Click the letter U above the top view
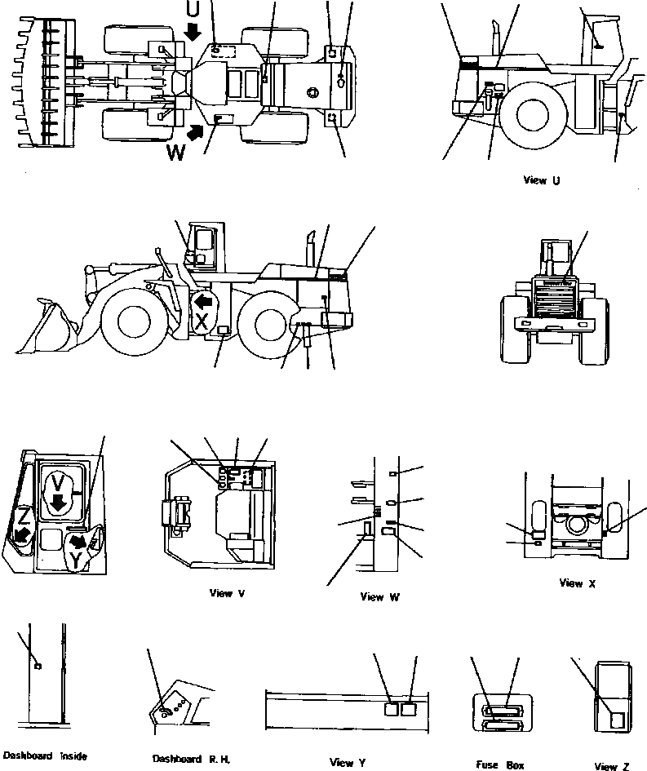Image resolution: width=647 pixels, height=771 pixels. click(192, 10)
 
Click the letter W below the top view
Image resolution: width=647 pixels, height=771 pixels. click(175, 152)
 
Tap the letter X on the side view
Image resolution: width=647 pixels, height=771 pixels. click(202, 321)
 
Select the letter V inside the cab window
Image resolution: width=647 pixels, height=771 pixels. click(56, 483)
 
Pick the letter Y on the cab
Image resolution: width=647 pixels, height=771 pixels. click(75, 561)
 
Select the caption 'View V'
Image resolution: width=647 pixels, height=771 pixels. click(227, 593)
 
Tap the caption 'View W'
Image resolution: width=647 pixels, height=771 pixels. click(379, 596)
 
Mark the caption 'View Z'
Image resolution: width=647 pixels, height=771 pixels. click(611, 766)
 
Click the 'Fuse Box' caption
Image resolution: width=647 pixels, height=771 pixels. click(500, 765)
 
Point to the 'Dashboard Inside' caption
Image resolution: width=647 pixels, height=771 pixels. click(44, 755)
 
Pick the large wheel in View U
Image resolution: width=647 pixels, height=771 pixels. click(528, 114)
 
